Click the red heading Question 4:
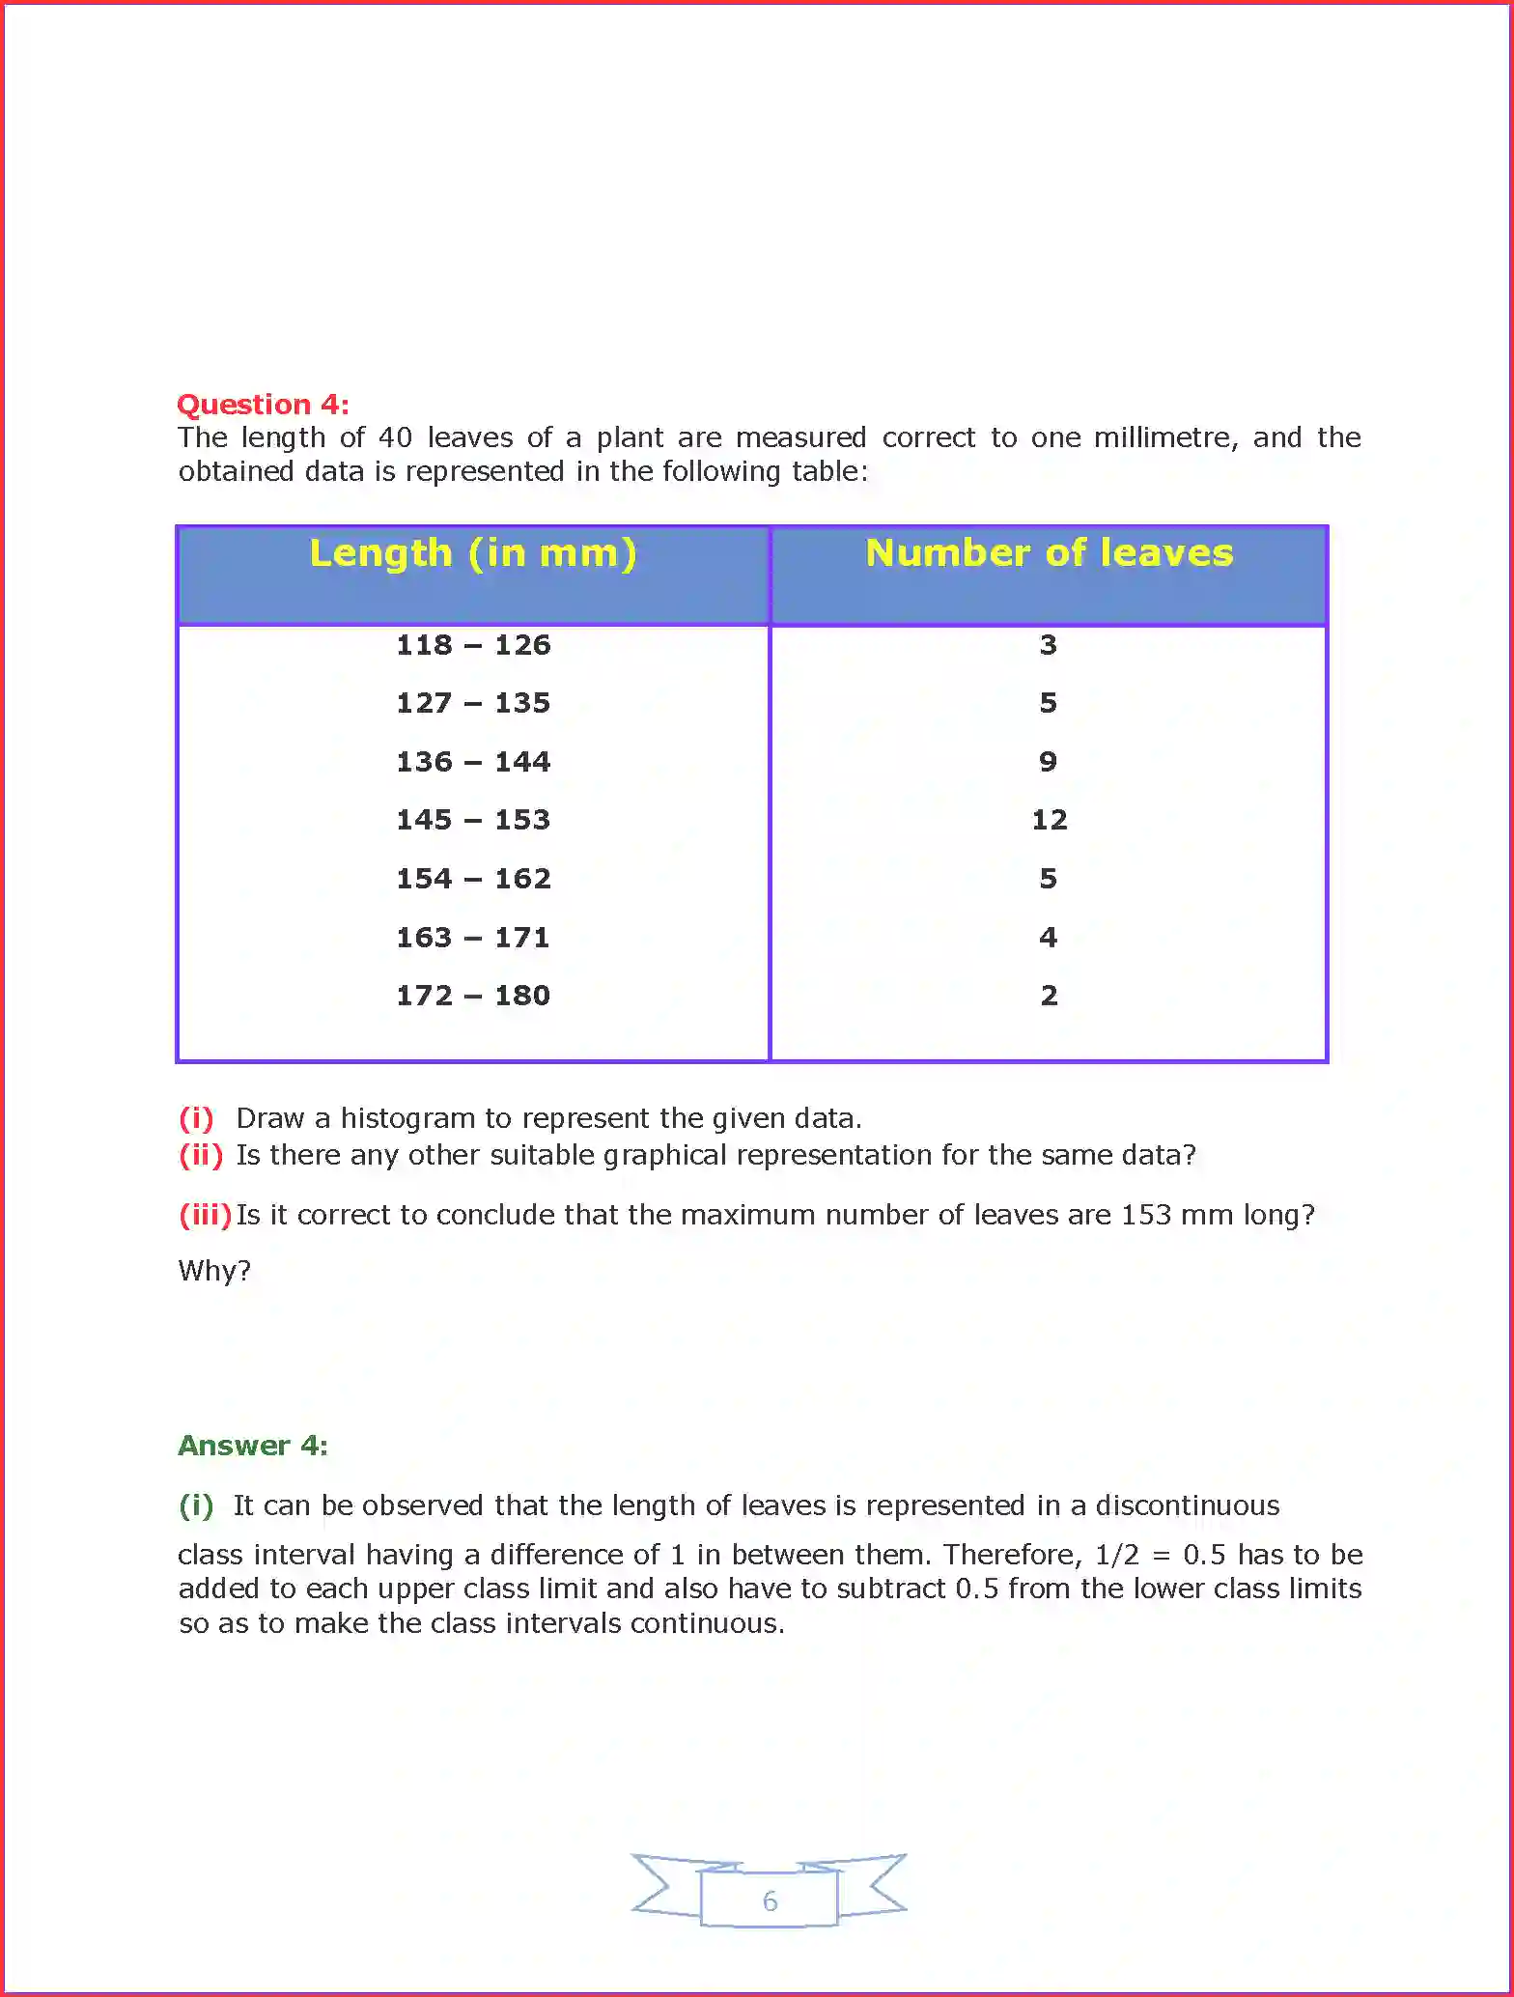point(263,404)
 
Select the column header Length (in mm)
point(473,553)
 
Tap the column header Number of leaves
point(1049,553)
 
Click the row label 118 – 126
point(473,645)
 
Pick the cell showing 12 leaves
point(1049,820)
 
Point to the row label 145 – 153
point(473,820)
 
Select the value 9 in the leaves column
point(1048,762)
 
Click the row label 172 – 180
point(473,996)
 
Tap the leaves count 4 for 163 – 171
point(1048,938)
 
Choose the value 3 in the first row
point(1048,645)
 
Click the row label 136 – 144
point(473,762)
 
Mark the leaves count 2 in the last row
point(1049,996)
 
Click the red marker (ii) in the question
point(201,1155)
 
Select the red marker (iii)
point(205,1215)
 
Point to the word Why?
point(214,1271)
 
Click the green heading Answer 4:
point(253,1446)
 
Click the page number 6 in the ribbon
point(770,1901)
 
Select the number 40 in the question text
point(395,437)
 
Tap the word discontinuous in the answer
point(1187,1505)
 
